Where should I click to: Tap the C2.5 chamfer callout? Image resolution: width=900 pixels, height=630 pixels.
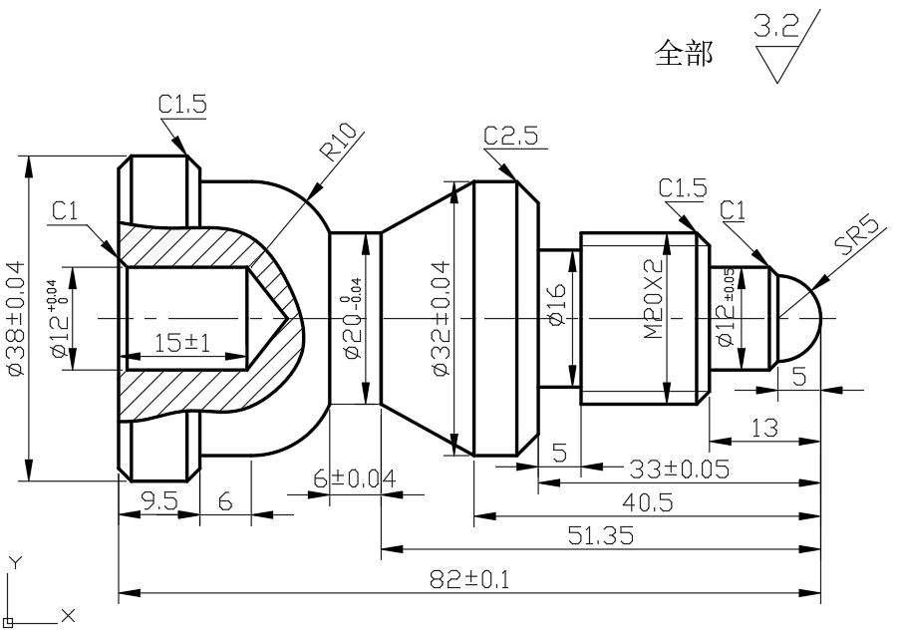(x=514, y=136)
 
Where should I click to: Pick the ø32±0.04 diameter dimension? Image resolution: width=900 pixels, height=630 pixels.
(x=442, y=318)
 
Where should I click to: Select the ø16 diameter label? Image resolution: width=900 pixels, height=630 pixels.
(x=556, y=318)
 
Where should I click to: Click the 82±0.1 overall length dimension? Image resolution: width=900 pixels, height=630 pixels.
(x=468, y=579)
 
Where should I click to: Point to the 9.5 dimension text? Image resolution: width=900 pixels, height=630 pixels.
(x=159, y=501)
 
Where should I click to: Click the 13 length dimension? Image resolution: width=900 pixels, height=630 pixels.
(x=764, y=428)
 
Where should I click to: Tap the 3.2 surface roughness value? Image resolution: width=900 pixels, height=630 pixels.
(x=776, y=27)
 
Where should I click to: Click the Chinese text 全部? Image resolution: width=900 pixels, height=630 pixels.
(x=684, y=53)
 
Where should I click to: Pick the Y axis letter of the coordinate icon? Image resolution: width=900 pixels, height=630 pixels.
(x=14, y=562)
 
